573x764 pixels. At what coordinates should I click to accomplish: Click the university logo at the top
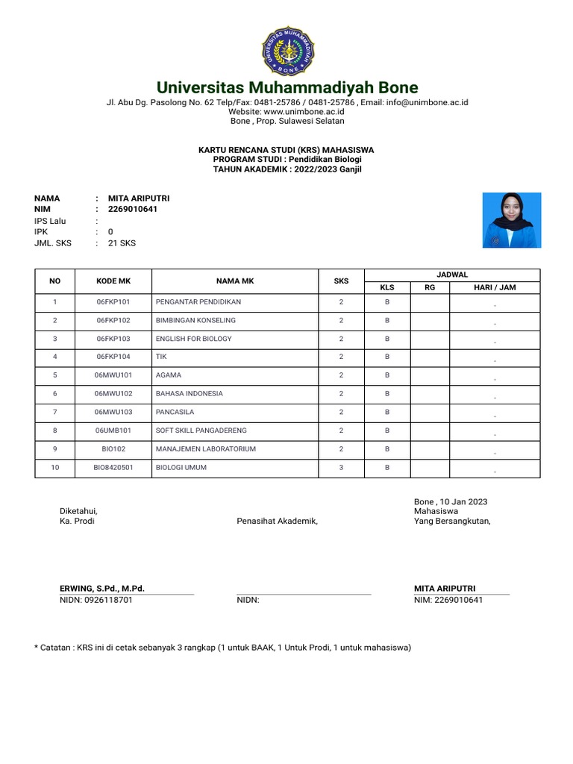286,49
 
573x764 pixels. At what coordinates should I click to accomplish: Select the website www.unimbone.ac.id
286,111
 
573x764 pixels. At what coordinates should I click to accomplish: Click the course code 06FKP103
113,339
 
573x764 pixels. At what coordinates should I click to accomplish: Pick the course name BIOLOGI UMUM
181,468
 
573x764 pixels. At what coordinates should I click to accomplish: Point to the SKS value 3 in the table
341,468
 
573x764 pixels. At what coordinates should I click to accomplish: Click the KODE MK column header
113,281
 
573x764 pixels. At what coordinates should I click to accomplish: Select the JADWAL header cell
451,275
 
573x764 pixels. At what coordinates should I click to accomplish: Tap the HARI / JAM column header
495,287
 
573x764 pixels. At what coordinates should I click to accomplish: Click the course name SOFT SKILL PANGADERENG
201,430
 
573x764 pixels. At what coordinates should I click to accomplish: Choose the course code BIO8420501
113,468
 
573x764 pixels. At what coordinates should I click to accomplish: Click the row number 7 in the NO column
54,412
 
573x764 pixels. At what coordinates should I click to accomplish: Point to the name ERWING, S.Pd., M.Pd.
102,589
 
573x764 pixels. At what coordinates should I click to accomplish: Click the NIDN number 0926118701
96,600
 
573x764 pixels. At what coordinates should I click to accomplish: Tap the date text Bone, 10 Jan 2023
451,501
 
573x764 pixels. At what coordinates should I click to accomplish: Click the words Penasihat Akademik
277,522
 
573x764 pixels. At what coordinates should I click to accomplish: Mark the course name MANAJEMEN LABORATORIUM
205,449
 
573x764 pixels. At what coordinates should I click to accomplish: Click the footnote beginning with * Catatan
222,648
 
